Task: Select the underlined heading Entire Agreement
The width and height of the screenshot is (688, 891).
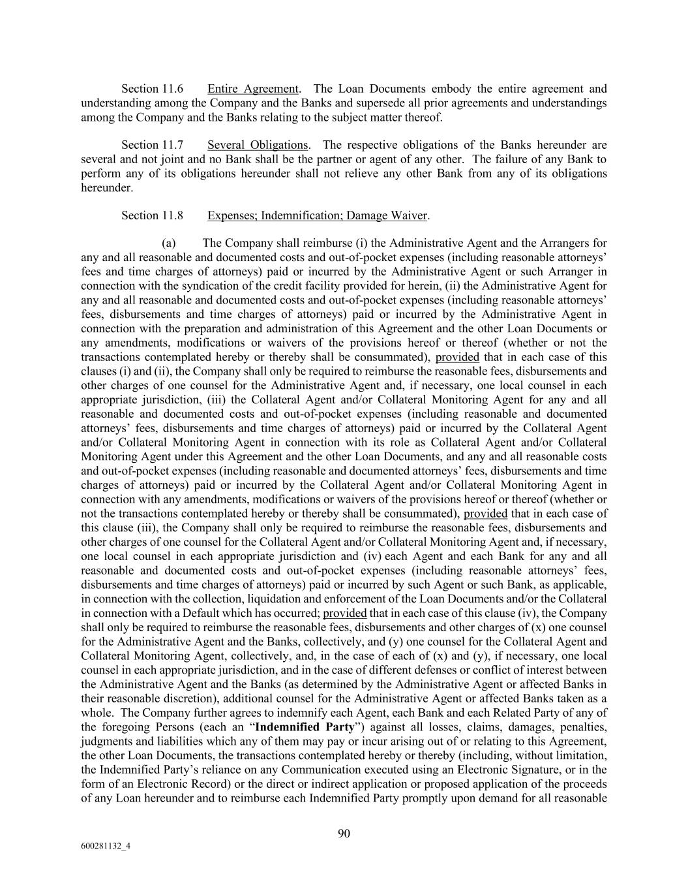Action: (x=252, y=89)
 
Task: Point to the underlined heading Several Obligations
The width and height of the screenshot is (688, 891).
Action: (x=257, y=145)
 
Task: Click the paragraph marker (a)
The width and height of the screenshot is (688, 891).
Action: (x=169, y=243)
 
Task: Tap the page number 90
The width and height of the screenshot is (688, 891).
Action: (x=344, y=833)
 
